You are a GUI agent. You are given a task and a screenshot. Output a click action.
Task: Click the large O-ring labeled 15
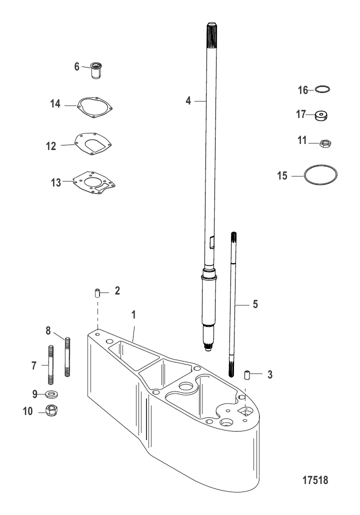pos(321,175)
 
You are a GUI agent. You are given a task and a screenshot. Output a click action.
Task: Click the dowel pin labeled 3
pos(246,374)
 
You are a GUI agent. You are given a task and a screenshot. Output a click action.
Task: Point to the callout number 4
pos(188,100)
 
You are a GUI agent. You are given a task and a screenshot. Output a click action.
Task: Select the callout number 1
pos(133,316)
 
